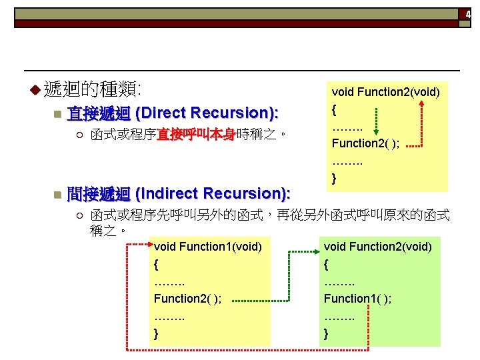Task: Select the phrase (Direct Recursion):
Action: point(207,113)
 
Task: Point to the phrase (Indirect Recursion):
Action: point(212,194)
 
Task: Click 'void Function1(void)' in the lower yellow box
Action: point(207,247)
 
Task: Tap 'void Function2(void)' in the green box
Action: point(377,247)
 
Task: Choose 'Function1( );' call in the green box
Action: point(357,299)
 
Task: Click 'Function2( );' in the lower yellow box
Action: point(188,299)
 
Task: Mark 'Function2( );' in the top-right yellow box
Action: point(365,143)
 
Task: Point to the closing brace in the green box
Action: point(326,333)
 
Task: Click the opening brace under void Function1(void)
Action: point(156,264)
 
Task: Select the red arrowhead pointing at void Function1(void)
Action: point(149,245)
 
